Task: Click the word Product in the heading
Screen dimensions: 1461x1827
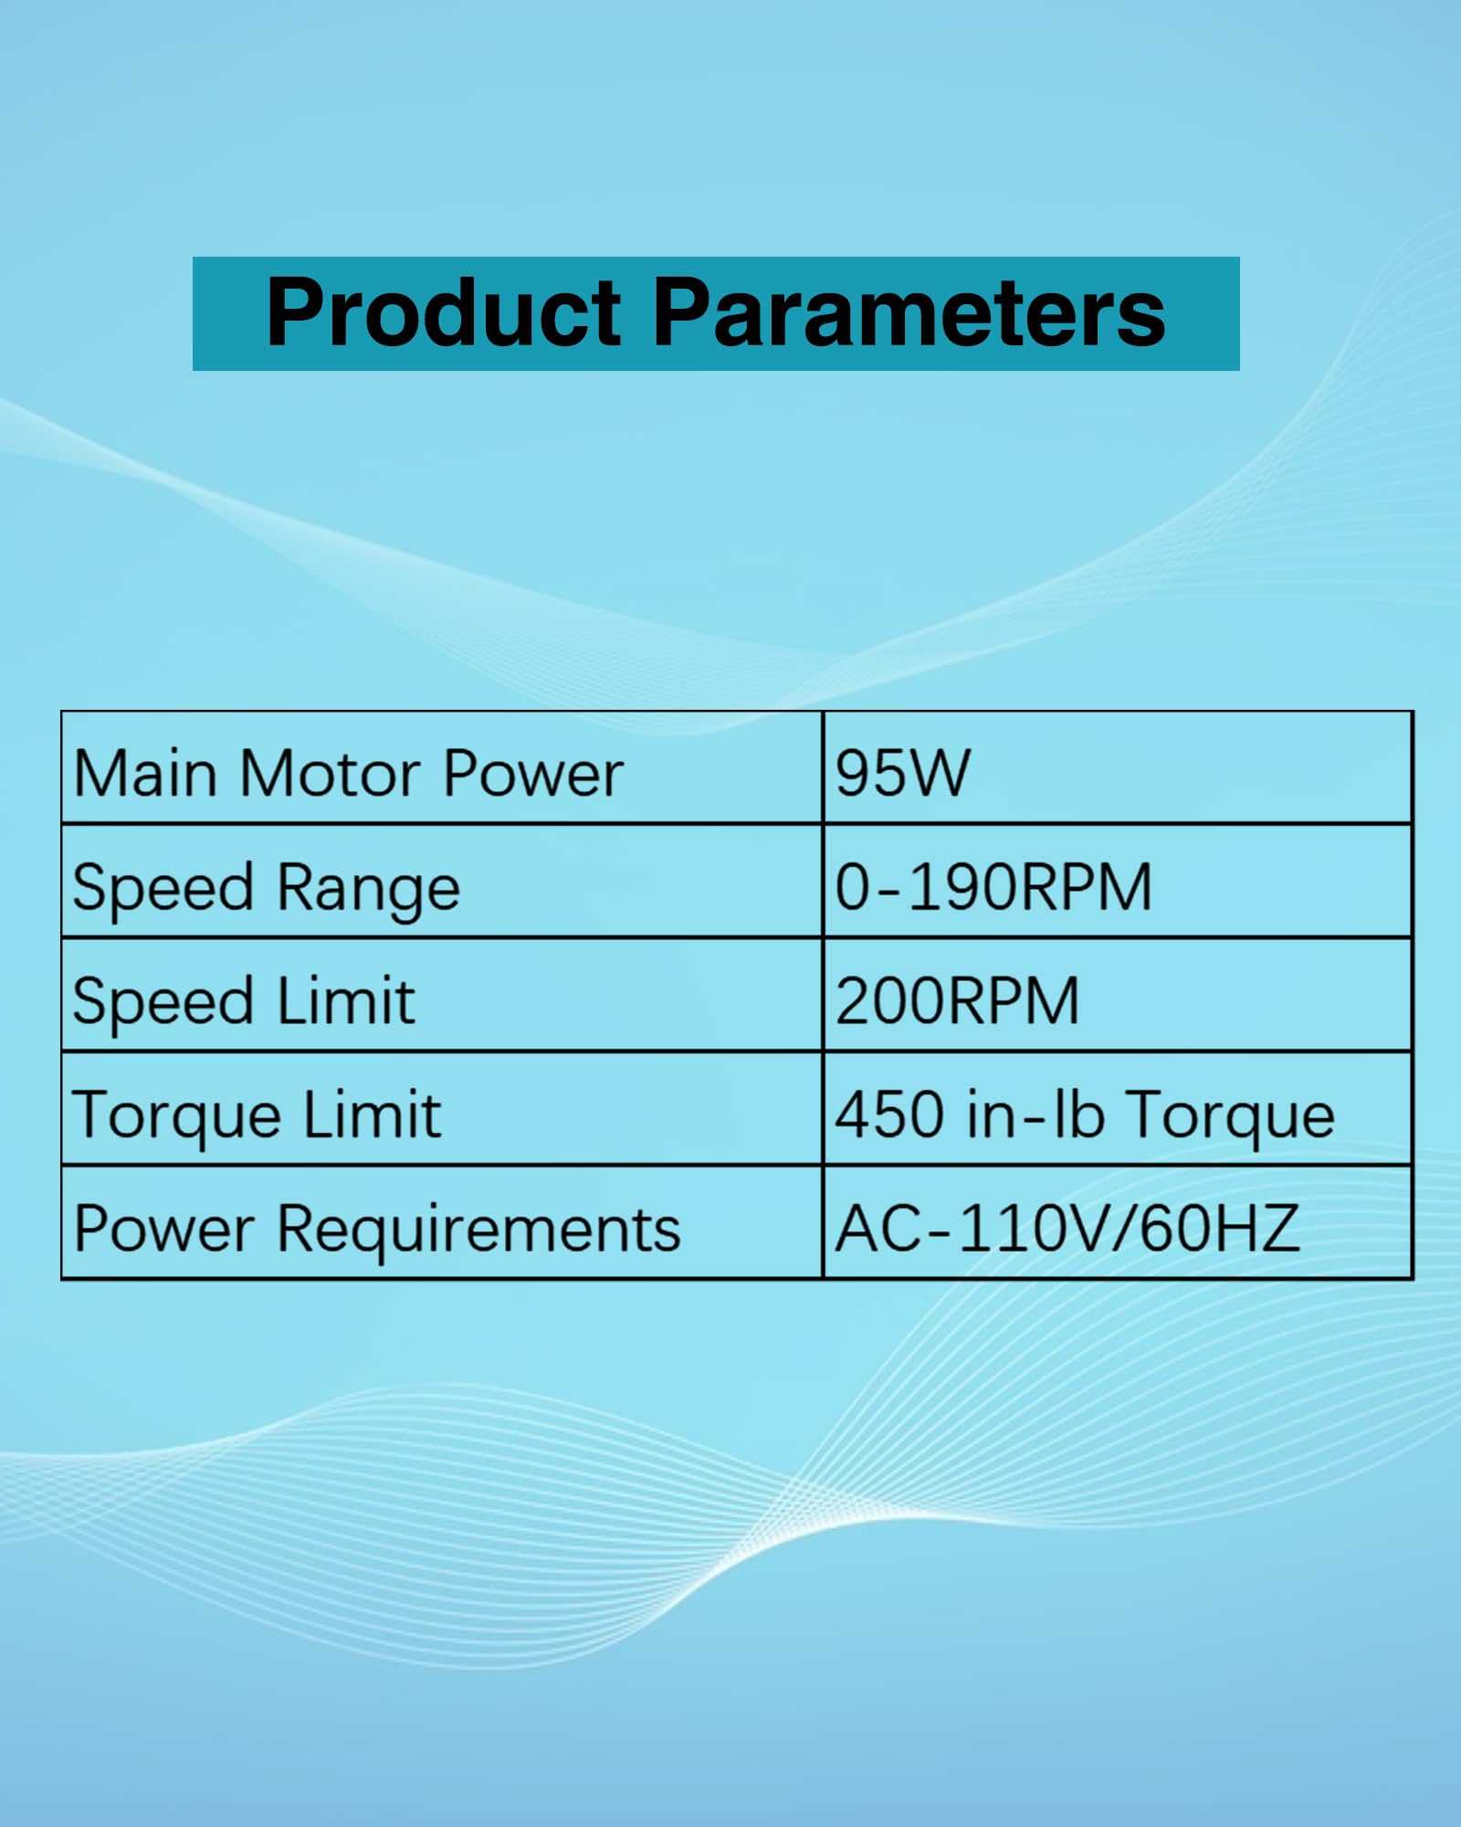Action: click(444, 312)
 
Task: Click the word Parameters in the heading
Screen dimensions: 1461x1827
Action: click(909, 312)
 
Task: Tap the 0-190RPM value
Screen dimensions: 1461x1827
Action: click(993, 887)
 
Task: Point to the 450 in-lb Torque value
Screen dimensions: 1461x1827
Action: click(1085, 1115)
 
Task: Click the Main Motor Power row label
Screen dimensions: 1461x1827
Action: click(348, 774)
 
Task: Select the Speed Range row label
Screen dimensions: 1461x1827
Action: click(267, 889)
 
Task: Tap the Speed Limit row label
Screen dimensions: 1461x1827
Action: click(244, 1002)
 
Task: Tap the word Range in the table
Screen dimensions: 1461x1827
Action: click(368, 889)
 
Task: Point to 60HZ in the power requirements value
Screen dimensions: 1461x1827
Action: click(1219, 1229)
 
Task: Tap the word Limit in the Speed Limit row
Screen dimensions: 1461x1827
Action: click(345, 1000)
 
